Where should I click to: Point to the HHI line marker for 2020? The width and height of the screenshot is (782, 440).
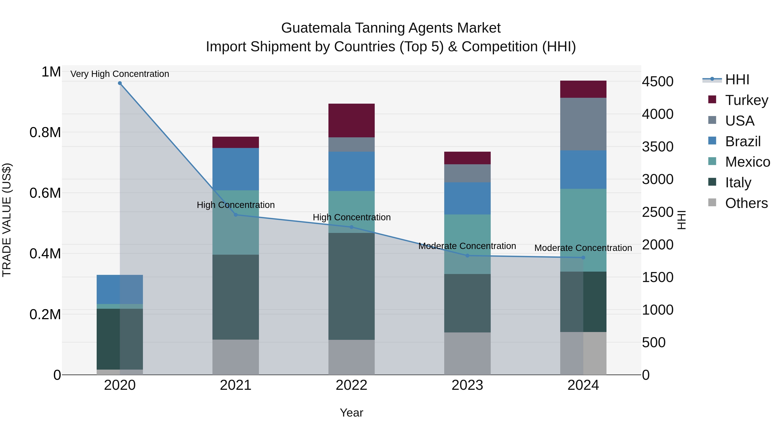tap(120, 83)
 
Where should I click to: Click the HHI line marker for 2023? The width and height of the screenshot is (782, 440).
tap(467, 256)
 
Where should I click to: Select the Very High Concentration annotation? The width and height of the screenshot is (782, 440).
tap(120, 74)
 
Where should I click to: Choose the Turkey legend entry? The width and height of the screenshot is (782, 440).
tap(746, 100)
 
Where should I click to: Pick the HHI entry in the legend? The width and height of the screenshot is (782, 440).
tap(737, 80)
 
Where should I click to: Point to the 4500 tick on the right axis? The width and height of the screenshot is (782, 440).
tap(658, 81)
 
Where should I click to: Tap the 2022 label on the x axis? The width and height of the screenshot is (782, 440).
tap(351, 385)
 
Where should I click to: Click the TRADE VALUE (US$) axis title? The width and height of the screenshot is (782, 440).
tap(7, 220)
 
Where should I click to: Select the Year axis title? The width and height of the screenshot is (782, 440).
tap(351, 413)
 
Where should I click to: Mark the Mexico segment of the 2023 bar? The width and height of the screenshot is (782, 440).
tap(467, 244)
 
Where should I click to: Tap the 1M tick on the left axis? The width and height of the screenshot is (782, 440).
tap(51, 72)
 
